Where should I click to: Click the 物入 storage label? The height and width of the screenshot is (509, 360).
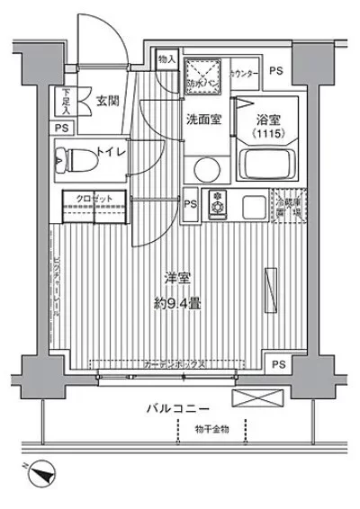167,60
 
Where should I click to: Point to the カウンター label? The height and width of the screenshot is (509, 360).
245,73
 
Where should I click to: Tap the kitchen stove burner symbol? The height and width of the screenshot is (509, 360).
216,203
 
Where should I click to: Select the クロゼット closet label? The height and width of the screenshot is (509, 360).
88,199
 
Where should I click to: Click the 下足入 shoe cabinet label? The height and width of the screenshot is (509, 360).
66,100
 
